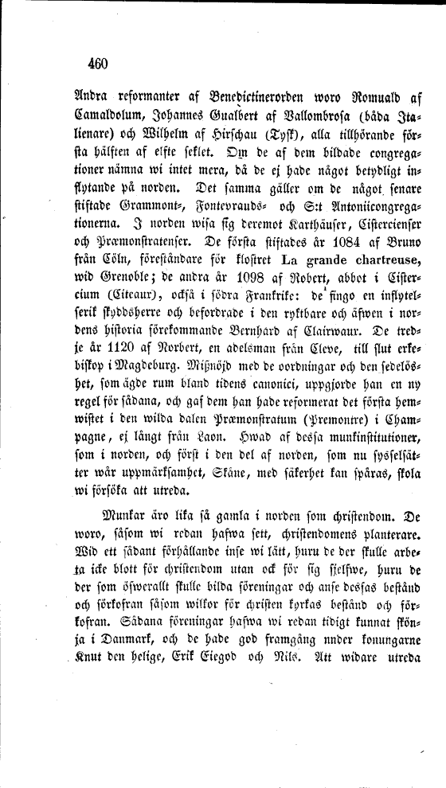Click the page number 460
[x=93, y=64]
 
